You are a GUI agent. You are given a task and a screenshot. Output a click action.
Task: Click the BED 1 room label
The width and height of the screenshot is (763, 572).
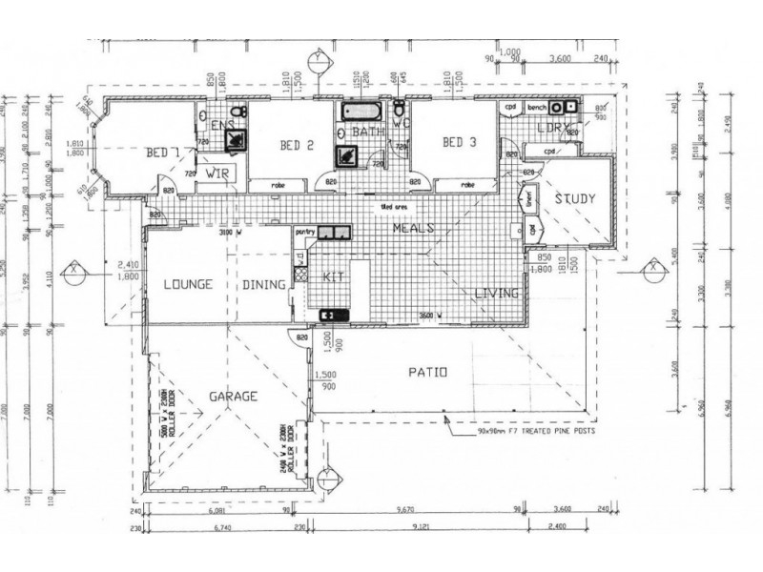pos(163,153)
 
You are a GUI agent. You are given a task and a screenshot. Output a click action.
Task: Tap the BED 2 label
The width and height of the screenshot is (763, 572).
pos(297,145)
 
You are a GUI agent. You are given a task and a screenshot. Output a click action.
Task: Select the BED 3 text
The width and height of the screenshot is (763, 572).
pos(459,142)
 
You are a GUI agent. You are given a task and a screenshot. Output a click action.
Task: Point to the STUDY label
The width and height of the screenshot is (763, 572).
pos(575,199)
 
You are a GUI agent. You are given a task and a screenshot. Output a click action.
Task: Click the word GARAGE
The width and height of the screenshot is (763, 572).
pos(233,395)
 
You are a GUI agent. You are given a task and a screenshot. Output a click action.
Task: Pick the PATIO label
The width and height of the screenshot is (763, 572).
pos(425,373)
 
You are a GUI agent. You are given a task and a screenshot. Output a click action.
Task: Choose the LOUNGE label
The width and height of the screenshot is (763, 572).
pos(187,284)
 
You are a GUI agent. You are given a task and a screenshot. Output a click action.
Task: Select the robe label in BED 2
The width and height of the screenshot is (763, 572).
pos(278,185)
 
